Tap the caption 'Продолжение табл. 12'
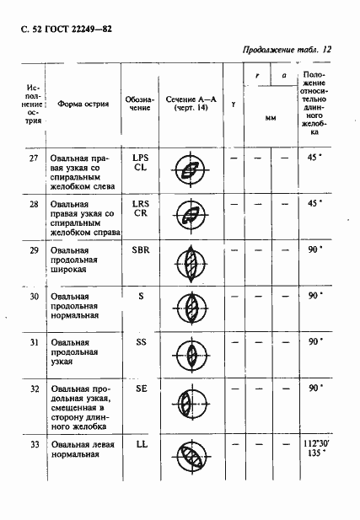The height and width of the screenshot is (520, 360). (x=286, y=50)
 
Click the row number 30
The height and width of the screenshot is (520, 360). (x=34, y=297)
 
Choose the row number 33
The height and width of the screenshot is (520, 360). (x=34, y=444)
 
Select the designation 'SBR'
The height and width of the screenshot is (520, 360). (x=140, y=251)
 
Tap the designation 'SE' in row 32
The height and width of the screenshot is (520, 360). (x=140, y=389)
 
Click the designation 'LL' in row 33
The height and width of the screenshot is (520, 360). (x=140, y=444)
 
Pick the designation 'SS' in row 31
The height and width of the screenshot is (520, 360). (x=140, y=342)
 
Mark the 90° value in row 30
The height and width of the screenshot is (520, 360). (x=313, y=296)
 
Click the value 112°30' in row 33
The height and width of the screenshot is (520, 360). (x=312, y=442)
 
